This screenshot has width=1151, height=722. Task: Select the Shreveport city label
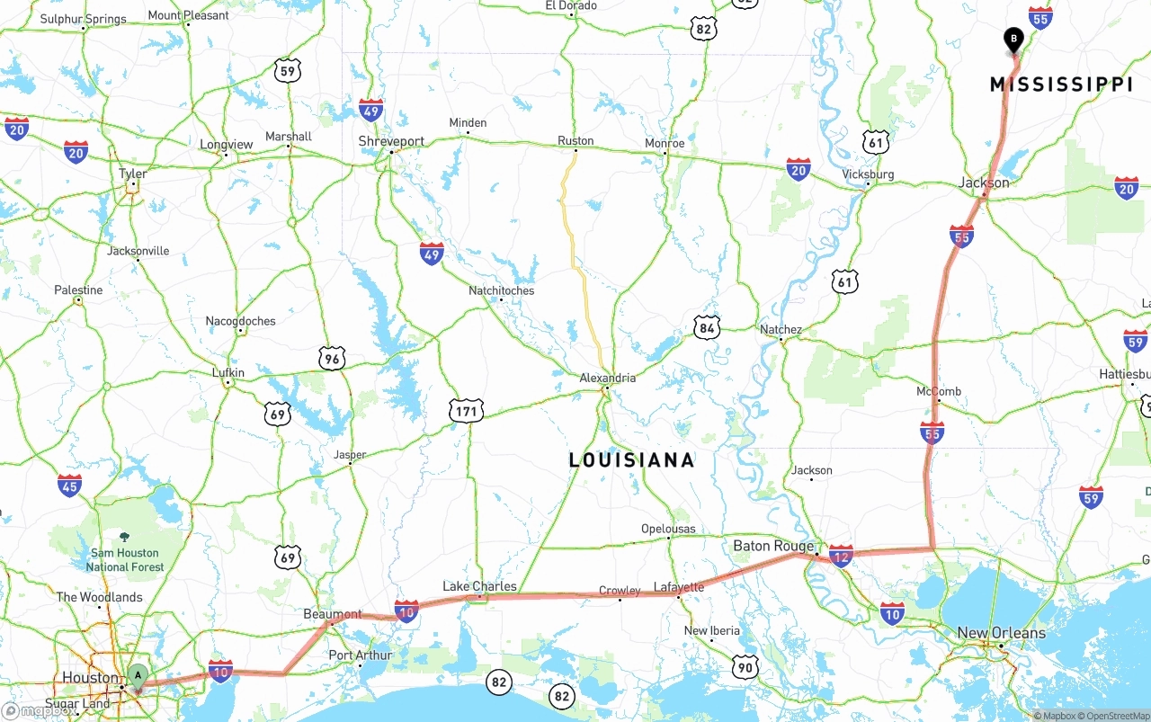click(391, 141)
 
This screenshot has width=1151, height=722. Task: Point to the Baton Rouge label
click(772, 546)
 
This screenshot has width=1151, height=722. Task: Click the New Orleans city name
click(1001, 633)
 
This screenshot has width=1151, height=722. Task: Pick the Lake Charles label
click(479, 586)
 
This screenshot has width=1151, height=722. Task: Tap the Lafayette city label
click(679, 587)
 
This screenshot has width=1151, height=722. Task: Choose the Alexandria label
click(607, 378)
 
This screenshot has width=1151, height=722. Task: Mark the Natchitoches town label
click(501, 290)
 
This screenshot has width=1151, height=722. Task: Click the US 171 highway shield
click(466, 412)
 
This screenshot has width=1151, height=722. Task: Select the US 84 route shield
click(707, 328)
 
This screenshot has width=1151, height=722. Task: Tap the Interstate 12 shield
click(841, 556)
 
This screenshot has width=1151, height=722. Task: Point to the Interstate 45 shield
click(69, 486)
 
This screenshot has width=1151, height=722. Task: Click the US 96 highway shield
click(332, 359)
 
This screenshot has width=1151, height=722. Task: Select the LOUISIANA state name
click(631, 460)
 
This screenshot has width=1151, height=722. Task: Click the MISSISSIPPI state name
click(1061, 85)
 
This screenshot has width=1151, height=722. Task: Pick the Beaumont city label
click(332, 615)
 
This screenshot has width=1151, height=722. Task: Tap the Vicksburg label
click(868, 174)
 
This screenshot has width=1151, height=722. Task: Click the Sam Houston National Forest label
click(125, 559)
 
